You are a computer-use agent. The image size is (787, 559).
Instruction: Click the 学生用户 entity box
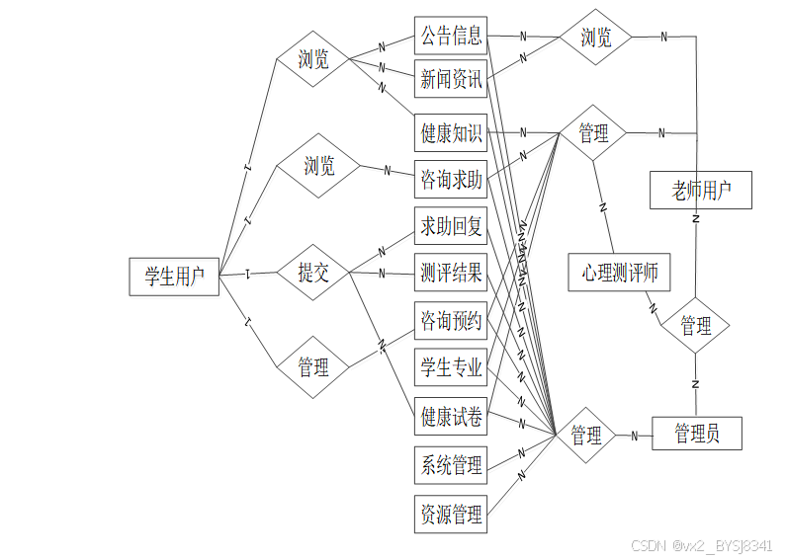pos(174,277)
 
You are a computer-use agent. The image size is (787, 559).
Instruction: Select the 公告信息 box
pos(451,37)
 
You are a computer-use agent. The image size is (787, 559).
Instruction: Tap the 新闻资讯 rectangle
pos(451,80)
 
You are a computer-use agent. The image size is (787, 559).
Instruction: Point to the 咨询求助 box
pos(451,180)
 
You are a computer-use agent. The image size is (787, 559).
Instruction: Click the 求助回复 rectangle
pos(451,227)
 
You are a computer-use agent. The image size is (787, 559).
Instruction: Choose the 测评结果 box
pos(451,274)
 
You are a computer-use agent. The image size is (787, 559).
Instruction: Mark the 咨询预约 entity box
pos(451,321)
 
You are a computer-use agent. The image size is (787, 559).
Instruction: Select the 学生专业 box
pos(451,368)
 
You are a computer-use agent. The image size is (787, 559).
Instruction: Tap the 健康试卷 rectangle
pos(451,416)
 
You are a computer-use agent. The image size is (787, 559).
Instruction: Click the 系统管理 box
pos(451,464)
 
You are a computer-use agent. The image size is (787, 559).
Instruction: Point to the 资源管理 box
pos(451,514)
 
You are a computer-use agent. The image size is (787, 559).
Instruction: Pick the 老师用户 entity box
pos(700,190)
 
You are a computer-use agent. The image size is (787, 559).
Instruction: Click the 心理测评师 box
pos(620,272)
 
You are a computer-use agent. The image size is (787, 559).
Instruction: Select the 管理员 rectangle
pos(696,434)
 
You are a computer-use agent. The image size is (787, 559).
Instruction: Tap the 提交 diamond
pos(313,274)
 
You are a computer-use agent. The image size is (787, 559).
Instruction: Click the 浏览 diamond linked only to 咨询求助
pos(318,165)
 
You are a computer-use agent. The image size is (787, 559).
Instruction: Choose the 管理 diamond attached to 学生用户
pos(313,367)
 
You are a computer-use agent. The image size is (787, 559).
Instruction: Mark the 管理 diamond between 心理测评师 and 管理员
pos(695,326)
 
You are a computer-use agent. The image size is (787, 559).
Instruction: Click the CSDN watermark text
pos(701,545)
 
